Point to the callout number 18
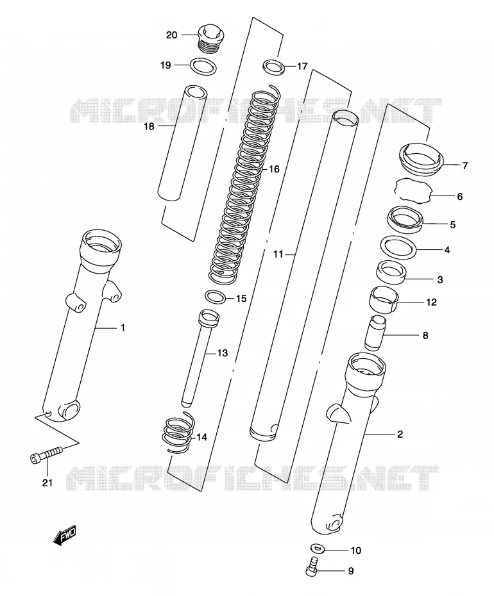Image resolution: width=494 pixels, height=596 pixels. click(149, 126)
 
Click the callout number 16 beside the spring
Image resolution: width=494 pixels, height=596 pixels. click(274, 169)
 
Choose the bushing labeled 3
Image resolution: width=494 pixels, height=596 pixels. click(391, 272)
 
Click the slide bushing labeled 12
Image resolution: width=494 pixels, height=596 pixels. click(384, 301)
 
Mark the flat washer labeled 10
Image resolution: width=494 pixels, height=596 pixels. click(317, 549)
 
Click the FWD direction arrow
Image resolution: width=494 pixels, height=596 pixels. click(64, 536)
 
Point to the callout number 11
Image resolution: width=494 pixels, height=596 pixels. click(278, 254)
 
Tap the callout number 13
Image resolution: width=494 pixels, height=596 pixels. click(222, 353)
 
